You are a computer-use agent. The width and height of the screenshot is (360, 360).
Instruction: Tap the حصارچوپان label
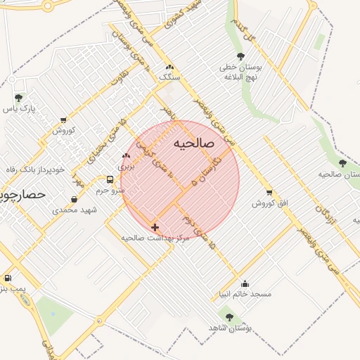[x=21, y=193]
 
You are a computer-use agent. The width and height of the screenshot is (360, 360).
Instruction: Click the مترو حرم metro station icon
[x=110, y=179]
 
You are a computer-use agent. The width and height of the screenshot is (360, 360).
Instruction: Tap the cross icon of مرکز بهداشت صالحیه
[x=155, y=227]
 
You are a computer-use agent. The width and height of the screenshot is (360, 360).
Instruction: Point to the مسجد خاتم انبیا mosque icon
[x=245, y=283]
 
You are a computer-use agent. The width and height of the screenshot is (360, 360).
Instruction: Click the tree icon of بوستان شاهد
[x=229, y=317]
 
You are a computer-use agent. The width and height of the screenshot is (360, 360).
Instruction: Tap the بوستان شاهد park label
[x=230, y=328]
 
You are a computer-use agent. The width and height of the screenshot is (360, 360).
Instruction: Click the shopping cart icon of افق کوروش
[x=269, y=193]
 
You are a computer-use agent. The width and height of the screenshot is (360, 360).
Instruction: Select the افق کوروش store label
[x=271, y=203]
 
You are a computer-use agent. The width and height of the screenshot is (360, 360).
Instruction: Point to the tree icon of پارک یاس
[x=18, y=98]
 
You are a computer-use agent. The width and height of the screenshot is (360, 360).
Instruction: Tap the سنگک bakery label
[x=169, y=76]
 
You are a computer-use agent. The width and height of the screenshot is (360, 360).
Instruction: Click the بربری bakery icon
[x=126, y=156]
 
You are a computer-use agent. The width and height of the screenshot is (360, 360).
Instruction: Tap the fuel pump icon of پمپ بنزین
[x=8, y=278]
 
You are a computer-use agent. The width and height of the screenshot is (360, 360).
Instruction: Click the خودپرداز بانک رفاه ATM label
[x=32, y=169]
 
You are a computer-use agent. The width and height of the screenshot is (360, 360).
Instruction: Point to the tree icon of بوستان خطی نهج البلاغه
[x=240, y=56]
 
